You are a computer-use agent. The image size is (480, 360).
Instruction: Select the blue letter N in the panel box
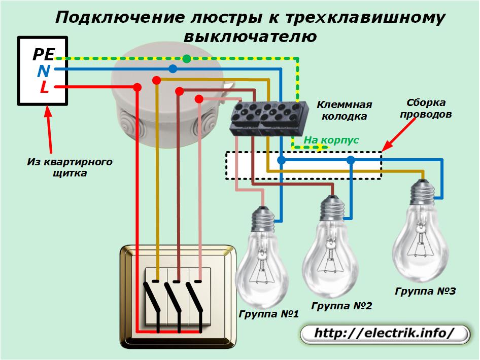44,71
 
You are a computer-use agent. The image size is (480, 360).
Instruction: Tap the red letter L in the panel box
44,87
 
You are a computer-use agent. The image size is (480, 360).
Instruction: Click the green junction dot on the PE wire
186,59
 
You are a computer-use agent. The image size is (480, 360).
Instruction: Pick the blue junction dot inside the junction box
173,69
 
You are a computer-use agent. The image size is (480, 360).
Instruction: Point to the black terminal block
268,118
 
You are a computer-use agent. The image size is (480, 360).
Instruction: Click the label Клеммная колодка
345,111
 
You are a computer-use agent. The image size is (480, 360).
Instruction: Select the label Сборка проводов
426,109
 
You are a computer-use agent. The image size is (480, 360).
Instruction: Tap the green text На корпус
331,140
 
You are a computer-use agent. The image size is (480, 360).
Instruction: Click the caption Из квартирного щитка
70,167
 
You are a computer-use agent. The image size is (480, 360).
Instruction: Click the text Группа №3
425,291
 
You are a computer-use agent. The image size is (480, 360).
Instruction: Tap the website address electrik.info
384,333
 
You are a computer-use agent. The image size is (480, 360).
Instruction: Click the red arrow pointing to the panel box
49,129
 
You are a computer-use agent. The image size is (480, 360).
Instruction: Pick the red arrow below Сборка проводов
399,134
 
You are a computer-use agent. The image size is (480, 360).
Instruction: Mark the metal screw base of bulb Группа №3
423,193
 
